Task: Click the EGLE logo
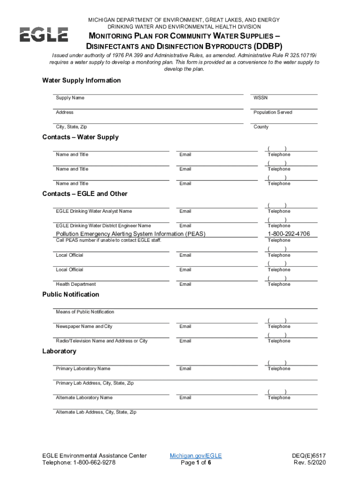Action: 43,35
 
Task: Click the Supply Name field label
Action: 70,98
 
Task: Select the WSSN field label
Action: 260,98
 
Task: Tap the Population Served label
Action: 273,112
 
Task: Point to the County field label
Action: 261,127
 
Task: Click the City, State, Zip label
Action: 71,127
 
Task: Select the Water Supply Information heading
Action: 81,80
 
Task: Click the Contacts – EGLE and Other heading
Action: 85,194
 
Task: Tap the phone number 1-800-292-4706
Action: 288,234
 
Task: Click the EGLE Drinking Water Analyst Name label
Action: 94,211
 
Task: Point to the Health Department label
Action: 76,284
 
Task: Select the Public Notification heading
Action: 71,294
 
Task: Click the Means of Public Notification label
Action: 85,312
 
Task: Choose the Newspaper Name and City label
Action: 84,326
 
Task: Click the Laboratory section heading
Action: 59,351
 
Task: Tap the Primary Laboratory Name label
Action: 83,369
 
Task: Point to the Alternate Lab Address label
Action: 96,412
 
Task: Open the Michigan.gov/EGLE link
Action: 195,455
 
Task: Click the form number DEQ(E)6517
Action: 307,455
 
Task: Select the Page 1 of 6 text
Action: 196,463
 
